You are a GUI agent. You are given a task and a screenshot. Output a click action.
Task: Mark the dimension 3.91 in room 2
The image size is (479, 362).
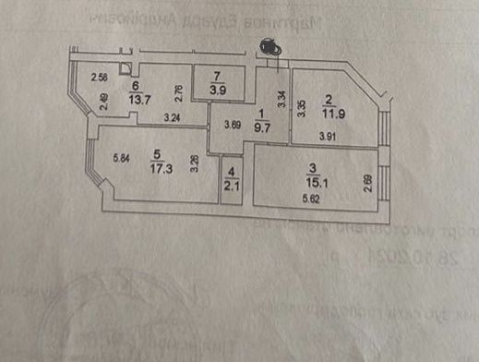[327, 139]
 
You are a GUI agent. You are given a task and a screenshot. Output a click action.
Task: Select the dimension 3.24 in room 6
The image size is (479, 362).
[172, 117]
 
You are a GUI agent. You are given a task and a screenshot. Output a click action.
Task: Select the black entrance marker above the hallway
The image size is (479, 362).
[270, 44]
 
